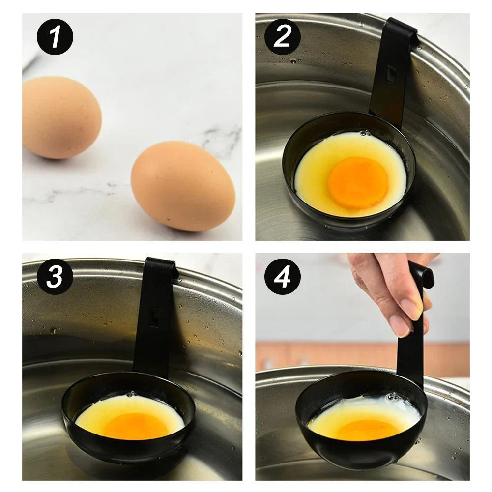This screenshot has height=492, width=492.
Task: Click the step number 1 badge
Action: click(55, 37)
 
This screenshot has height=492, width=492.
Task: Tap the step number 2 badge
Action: click(283, 37)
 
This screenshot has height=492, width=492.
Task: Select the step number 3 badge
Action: click(55, 277)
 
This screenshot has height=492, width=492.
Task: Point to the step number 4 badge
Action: click(283, 277)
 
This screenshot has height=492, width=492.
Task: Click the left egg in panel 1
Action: click(61, 117)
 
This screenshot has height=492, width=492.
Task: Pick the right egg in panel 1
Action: click(182, 186)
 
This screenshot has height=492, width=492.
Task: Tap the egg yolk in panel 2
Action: click(358, 182)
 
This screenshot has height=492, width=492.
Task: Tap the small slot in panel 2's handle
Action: click(391, 74)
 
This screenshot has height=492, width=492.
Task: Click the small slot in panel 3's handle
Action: click(154, 317)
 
